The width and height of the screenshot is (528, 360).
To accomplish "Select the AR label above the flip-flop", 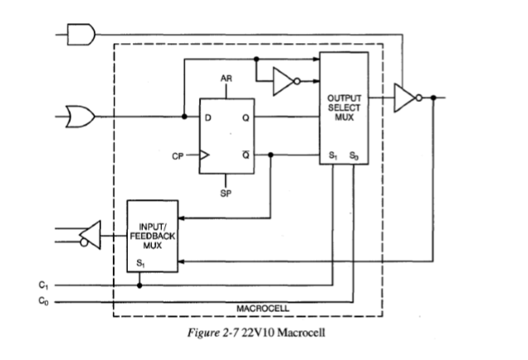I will click(x=227, y=80).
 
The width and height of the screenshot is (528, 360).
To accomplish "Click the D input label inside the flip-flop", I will click(x=208, y=118).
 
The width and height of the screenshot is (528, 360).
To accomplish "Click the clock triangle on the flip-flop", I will click(x=205, y=153).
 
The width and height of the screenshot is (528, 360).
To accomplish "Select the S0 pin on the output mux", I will click(x=354, y=155).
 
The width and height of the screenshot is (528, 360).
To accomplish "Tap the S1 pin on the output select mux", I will click(x=334, y=155).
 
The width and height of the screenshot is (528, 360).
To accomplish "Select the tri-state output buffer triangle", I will click(x=407, y=96).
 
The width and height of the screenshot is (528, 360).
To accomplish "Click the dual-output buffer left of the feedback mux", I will click(x=91, y=238).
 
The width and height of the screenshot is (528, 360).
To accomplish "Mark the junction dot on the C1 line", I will click(x=139, y=285).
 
